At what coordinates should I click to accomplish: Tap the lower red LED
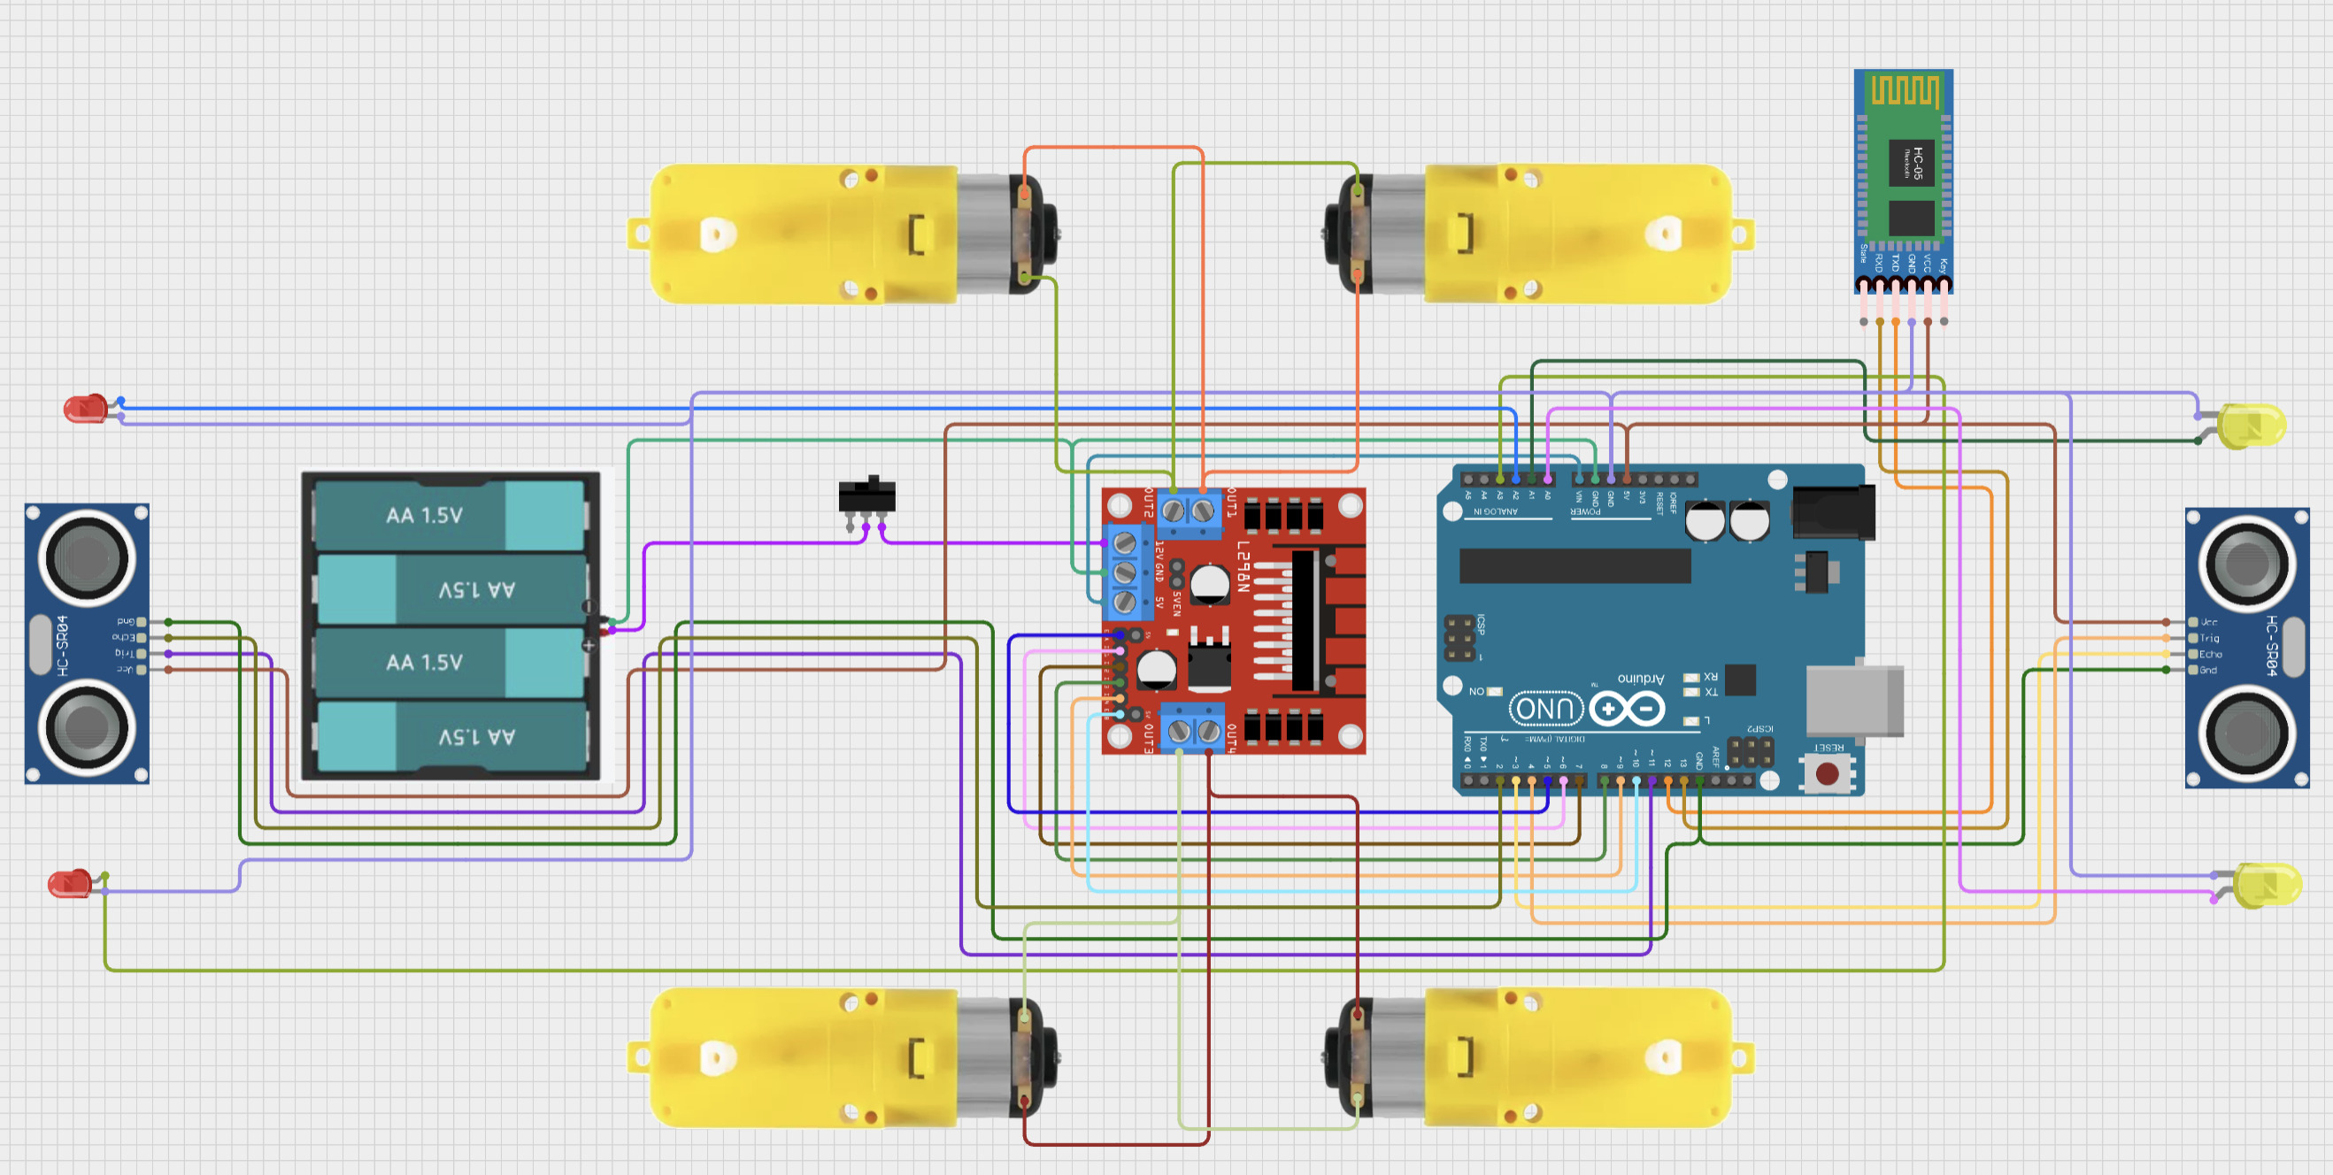point(70,883)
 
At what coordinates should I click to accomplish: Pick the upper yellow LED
point(2252,426)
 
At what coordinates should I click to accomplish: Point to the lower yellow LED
point(2267,886)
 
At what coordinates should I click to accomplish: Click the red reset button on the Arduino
point(1827,773)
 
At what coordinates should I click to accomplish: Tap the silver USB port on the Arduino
point(1854,700)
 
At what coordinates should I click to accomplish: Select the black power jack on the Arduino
point(1833,512)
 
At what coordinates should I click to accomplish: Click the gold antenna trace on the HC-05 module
point(1905,90)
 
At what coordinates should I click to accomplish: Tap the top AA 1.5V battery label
point(424,515)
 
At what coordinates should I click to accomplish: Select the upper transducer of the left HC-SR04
point(87,557)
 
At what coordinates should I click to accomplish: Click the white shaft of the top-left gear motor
point(714,234)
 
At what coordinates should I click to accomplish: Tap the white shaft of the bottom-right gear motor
point(1663,1057)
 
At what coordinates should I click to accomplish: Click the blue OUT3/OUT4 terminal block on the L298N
point(1193,729)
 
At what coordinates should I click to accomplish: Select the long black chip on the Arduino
point(1574,565)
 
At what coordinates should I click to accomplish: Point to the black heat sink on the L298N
point(1305,620)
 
